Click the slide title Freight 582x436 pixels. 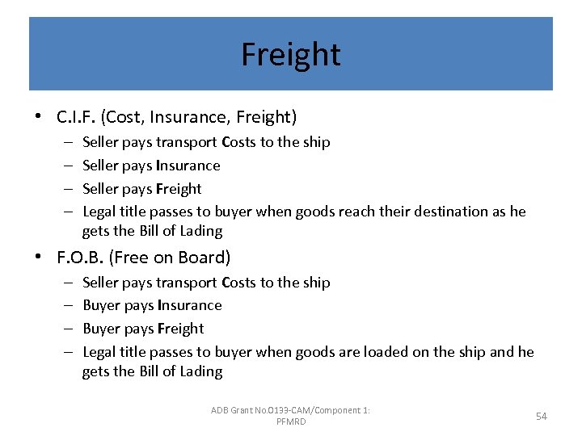(x=291, y=55)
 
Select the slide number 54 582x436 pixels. (x=542, y=416)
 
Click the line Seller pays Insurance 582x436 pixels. (x=151, y=166)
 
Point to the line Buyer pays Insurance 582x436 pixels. (x=152, y=305)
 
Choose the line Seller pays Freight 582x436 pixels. (x=142, y=189)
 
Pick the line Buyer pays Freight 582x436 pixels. (x=143, y=329)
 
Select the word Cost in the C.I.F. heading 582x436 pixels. (x=127, y=117)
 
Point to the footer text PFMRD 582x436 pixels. (x=291, y=421)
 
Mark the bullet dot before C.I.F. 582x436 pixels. (x=38, y=117)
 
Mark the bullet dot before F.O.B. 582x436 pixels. (x=38, y=258)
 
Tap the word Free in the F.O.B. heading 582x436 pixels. (x=131, y=258)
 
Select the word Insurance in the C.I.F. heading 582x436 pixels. (x=192, y=117)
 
